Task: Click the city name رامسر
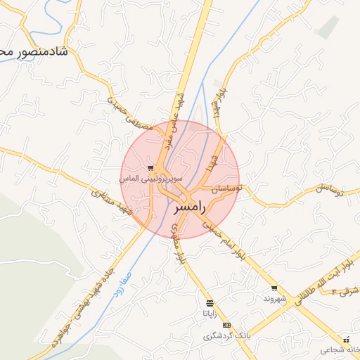(189, 208)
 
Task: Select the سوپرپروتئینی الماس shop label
(144, 179)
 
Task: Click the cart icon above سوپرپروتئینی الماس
(150, 168)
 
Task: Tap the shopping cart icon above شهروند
(274, 288)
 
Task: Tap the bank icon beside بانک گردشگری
(226, 325)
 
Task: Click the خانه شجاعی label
(338, 349)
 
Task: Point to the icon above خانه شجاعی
(346, 340)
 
